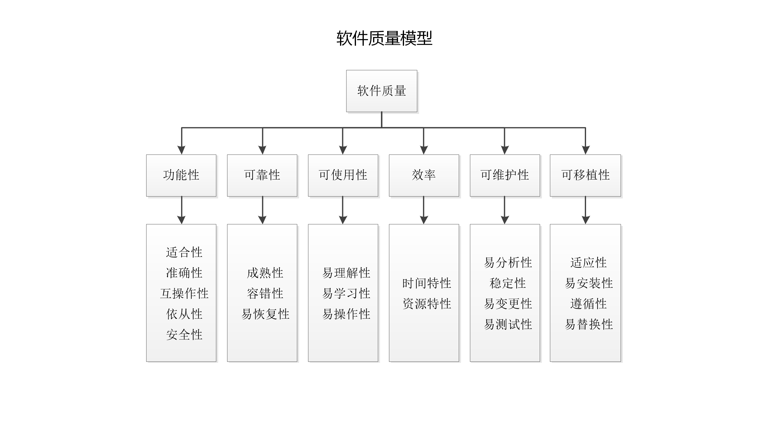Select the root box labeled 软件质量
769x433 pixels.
click(x=381, y=91)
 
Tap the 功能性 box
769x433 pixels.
click(x=181, y=175)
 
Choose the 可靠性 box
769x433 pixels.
click(x=262, y=175)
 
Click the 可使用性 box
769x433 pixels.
click(x=343, y=175)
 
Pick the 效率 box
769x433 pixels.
click(x=424, y=175)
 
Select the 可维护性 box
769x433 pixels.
click(x=505, y=175)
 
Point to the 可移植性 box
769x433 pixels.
click(x=585, y=175)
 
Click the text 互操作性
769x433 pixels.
click(x=184, y=293)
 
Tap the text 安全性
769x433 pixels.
click(x=184, y=335)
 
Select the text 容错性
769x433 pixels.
click(x=265, y=293)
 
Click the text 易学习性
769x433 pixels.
click(x=346, y=293)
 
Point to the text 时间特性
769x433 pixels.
click(x=427, y=283)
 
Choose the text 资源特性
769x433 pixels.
click(x=427, y=304)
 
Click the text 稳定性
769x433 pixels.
click(x=508, y=283)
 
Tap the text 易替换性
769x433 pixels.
click(x=588, y=324)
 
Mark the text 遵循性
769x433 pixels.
click(x=588, y=304)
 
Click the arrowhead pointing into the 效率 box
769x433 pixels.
click(x=424, y=150)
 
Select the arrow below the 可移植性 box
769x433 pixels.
click(x=585, y=210)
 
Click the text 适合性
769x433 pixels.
click(x=184, y=252)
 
